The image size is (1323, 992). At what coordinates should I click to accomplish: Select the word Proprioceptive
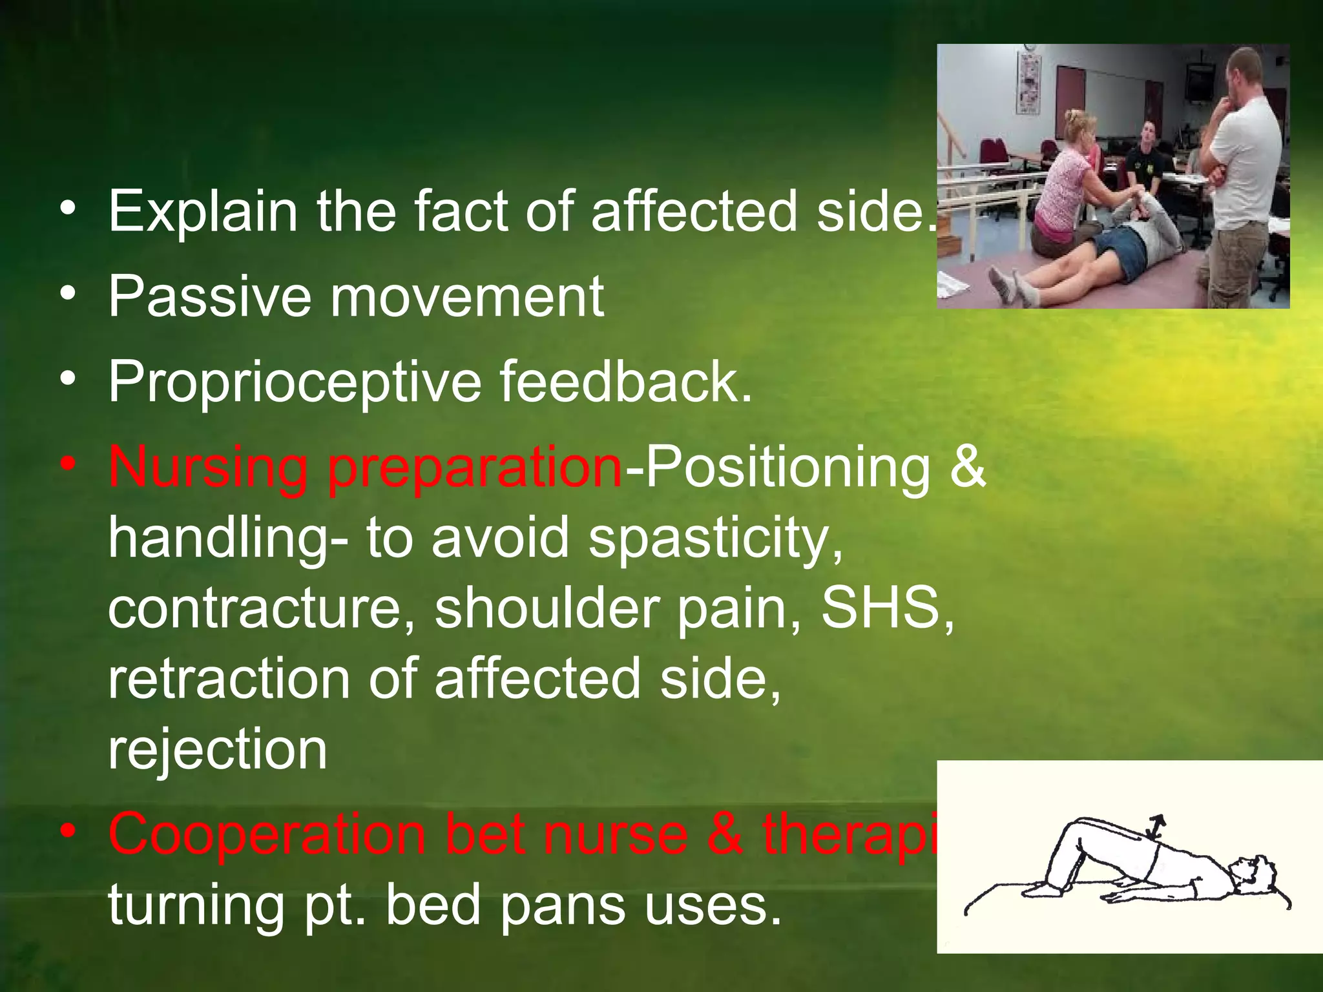click(x=295, y=382)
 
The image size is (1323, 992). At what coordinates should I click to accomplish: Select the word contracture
click(x=261, y=609)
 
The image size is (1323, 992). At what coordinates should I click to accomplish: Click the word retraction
click(x=229, y=679)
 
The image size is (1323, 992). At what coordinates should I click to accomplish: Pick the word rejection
click(x=218, y=750)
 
